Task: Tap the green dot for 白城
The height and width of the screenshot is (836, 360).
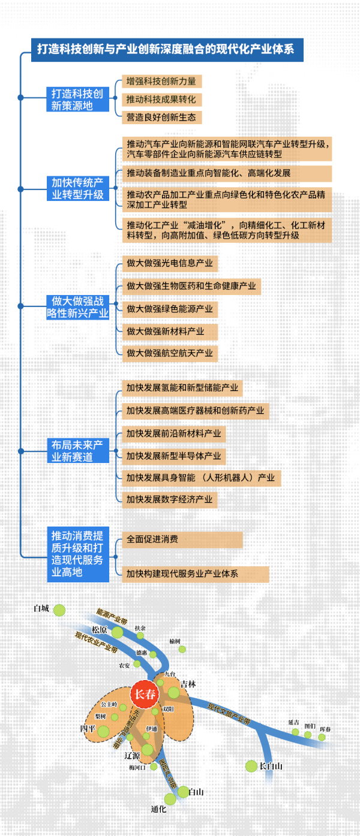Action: (x=59, y=611)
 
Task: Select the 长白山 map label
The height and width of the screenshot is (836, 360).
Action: (x=270, y=766)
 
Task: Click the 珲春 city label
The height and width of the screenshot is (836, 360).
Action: (x=325, y=729)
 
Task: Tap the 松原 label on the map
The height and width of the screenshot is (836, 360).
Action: (x=100, y=630)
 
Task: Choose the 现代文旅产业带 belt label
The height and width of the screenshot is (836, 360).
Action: (x=229, y=711)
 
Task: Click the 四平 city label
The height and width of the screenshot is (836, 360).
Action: (x=88, y=729)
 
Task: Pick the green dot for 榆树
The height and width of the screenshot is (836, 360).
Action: (x=182, y=649)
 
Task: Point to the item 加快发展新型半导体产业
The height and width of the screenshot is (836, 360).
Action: (x=173, y=456)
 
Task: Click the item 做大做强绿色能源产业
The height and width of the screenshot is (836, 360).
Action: (x=169, y=309)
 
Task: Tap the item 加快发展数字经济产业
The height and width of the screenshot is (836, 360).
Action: (x=169, y=499)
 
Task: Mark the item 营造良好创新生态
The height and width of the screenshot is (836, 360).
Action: (x=161, y=118)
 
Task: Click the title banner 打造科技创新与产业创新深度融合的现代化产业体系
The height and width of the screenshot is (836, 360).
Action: (x=167, y=49)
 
